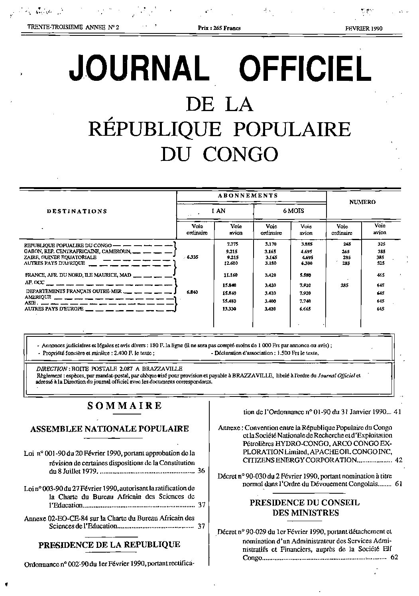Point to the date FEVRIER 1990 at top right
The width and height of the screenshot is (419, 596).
pyautogui.click(x=364, y=28)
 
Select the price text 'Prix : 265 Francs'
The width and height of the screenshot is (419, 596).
pyautogui.click(x=219, y=28)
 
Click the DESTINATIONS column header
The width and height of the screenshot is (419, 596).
pyautogui.click(x=77, y=211)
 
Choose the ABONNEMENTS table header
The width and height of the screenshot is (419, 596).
pyautogui.click(x=248, y=195)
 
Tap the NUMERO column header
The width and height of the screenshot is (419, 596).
pyautogui.click(x=362, y=202)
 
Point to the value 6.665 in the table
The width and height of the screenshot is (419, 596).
pyautogui.click(x=306, y=309)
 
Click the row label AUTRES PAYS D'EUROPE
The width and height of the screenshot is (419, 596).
pyautogui.click(x=54, y=309)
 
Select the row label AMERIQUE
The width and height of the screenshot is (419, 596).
pyautogui.click(x=38, y=297)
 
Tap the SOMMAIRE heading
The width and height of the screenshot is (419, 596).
pyautogui.click(x=124, y=406)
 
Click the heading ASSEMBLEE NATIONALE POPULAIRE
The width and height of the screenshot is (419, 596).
pyautogui.click(x=110, y=429)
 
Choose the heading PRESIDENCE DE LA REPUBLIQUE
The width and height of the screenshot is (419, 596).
pyautogui.click(x=109, y=545)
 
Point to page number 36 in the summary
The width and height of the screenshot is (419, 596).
pyautogui.click(x=201, y=471)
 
